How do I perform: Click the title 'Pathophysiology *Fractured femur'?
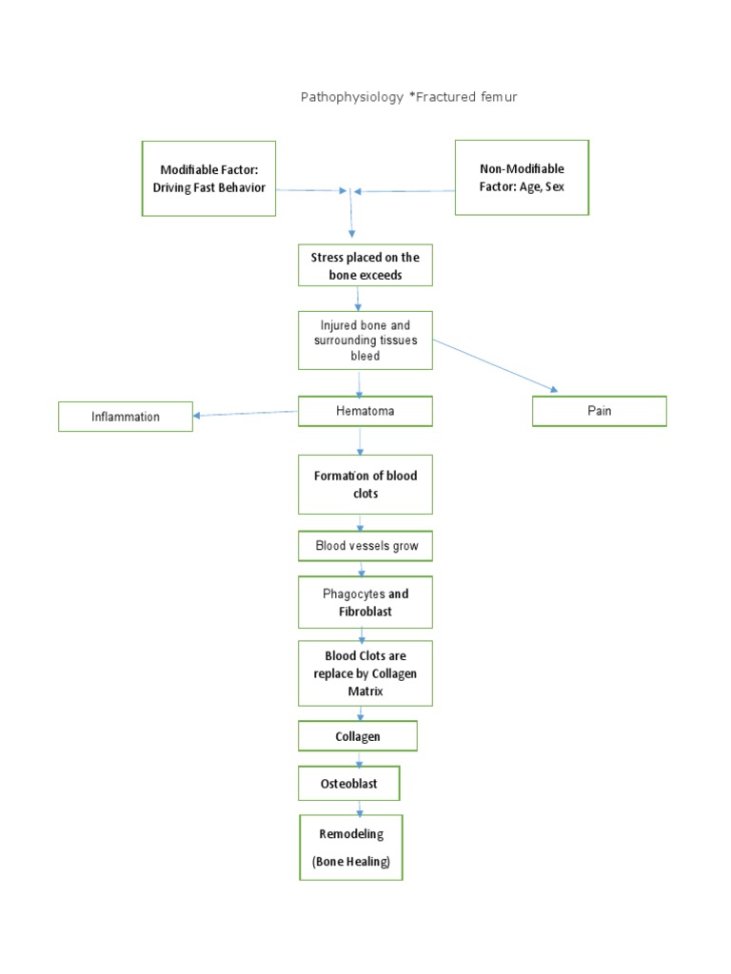click(x=408, y=97)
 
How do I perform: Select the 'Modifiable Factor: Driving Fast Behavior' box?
click(x=208, y=178)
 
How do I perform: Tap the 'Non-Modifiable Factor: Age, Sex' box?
click(x=522, y=178)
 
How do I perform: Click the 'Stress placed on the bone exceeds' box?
click(x=365, y=266)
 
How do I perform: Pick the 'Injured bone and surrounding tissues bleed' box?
click(x=365, y=341)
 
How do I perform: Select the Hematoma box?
click(x=365, y=412)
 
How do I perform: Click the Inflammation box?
click(x=126, y=417)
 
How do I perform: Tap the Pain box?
click(x=599, y=411)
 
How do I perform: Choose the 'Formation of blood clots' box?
click(x=365, y=484)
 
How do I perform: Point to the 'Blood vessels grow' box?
click(x=365, y=547)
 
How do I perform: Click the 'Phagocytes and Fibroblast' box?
click(x=365, y=602)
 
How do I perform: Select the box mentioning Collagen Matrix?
click(x=365, y=673)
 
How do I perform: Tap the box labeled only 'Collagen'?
click(x=358, y=736)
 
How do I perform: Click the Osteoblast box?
click(x=348, y=784)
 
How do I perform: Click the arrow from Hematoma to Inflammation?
click(x=246, y=414)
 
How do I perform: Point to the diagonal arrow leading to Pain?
click(x=495, y=364)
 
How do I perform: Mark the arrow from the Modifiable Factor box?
click(x=310, y=190)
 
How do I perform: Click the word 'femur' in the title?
click(x=499, y=97)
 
